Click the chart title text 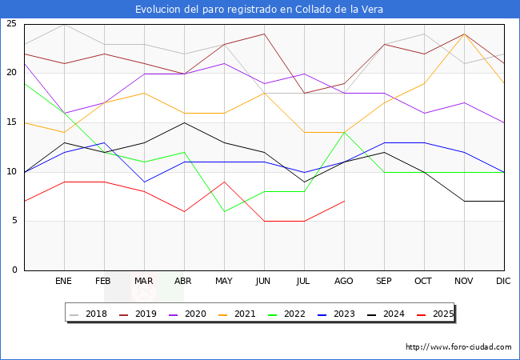pos(259,10)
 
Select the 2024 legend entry pos(392,314)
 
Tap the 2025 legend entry pos(442,314)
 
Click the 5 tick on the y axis pos(14,221)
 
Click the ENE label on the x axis pos(64,282)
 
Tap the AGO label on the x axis pos(344,282)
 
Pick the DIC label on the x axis pos(503,282)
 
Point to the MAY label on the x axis pos(224,282)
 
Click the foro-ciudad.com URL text pos(458,347)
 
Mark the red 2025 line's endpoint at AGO pos(344,201)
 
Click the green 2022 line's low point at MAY pos(224,211)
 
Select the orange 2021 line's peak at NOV pos(464,34)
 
